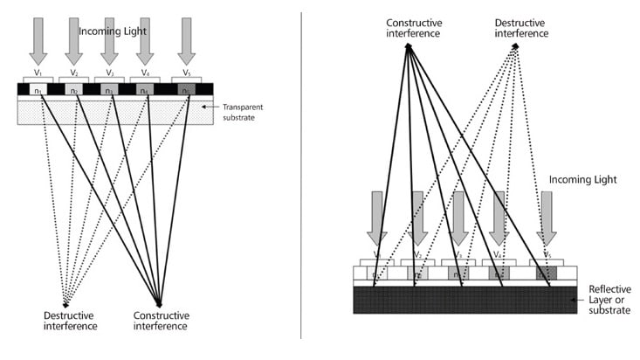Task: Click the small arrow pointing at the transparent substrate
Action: pos(207,107)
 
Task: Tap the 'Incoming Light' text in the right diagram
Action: pos(583,179)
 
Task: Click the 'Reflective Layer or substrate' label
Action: pos(609,300)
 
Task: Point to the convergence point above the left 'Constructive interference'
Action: pos(159,302)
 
